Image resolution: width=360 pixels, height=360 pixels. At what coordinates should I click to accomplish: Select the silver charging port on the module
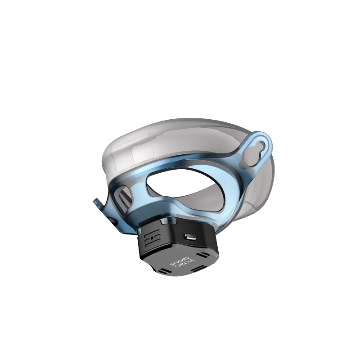tap(189, 237)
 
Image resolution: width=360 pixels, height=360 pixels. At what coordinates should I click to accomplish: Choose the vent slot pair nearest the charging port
tap(203, 255)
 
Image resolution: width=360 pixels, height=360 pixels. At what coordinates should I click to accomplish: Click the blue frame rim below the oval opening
tap(198, 211)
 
